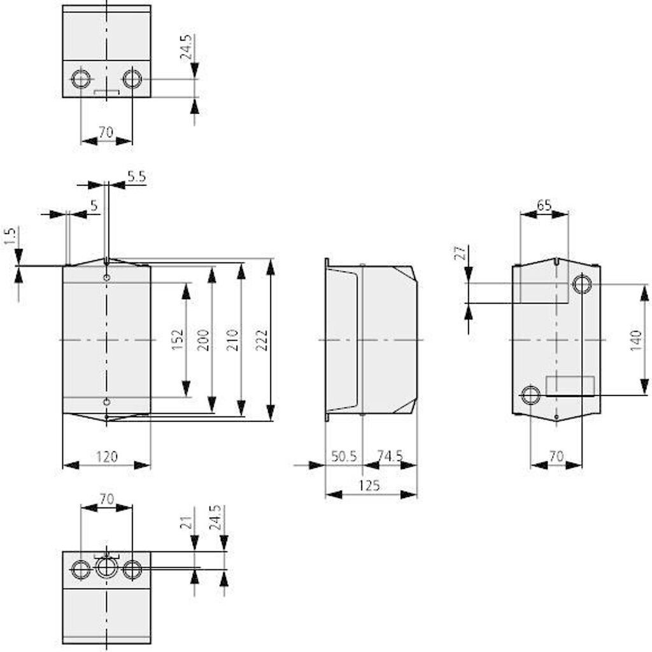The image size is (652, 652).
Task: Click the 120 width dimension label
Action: pyautogui.click(x=106, y=456)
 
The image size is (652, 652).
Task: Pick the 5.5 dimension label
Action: pyautogui.click(x=136, y=177)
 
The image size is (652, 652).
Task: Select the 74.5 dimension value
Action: pyautogui.click(x=390, y=456)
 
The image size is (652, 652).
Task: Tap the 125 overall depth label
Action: pyautogui.click(x=369, y=485)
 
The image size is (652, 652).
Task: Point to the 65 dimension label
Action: pyautogui.click(x=544, y=206)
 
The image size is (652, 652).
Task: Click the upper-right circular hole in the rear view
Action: pyautogui.click(x=581, y=284)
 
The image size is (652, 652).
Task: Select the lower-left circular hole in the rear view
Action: pyautogui.click(x=530, y=395)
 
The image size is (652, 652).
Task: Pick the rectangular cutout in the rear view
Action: pyautogui.click(x=570, y=386)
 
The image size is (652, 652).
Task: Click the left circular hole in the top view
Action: pyautogui.click(x=81, y=80)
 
